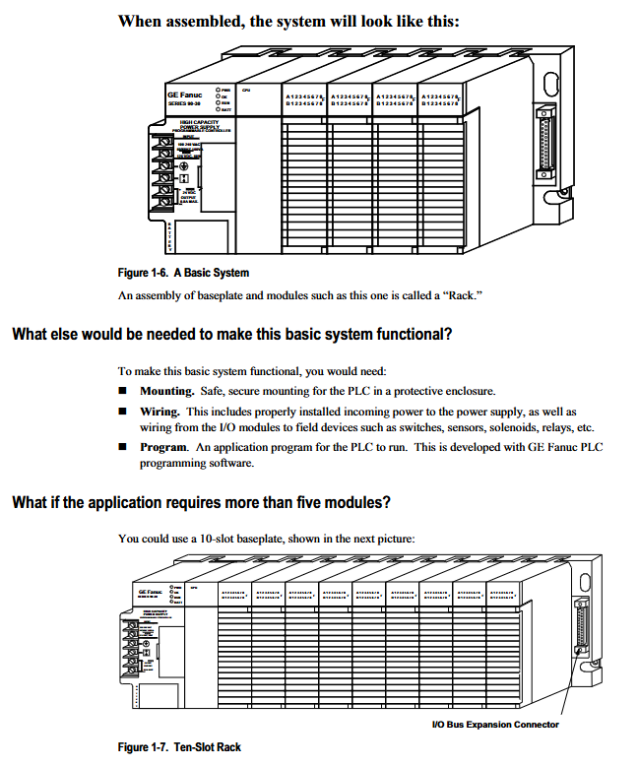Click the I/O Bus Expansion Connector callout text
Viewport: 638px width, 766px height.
click(x=495, y=725)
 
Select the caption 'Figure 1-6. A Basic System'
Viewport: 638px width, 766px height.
click(x=183, y=273)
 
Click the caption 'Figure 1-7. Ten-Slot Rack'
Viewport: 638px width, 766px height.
click(x=179, y=747)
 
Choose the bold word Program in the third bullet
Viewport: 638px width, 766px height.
click(x=155, y=447)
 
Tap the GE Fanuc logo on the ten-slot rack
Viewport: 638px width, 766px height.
click(x=149, y=591)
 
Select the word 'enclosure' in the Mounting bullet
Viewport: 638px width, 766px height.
click(x=469, y=391)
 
